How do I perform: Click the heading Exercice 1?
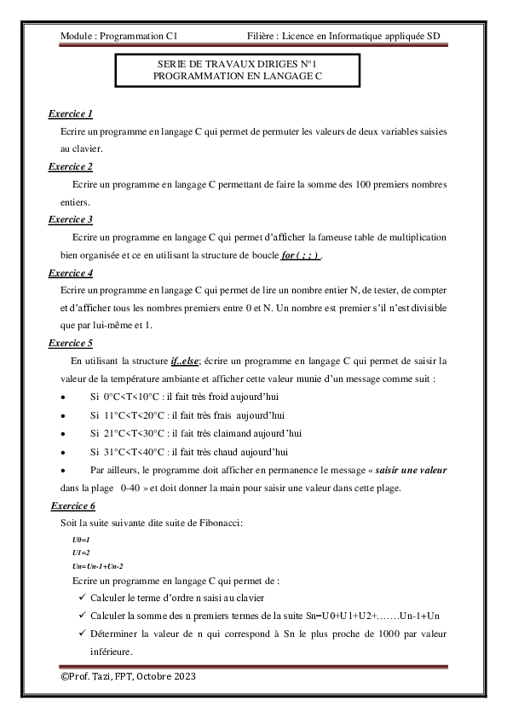pyautogui.click(x=71, y=113)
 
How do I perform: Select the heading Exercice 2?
pyautogui.click(x=71, y=165)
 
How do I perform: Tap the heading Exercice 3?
pyautogui.click(x=71, y=219)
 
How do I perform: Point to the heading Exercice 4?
pyautogui.click(x=71, y=273)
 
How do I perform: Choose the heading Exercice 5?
pyautogui.click(x=71, y=343)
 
